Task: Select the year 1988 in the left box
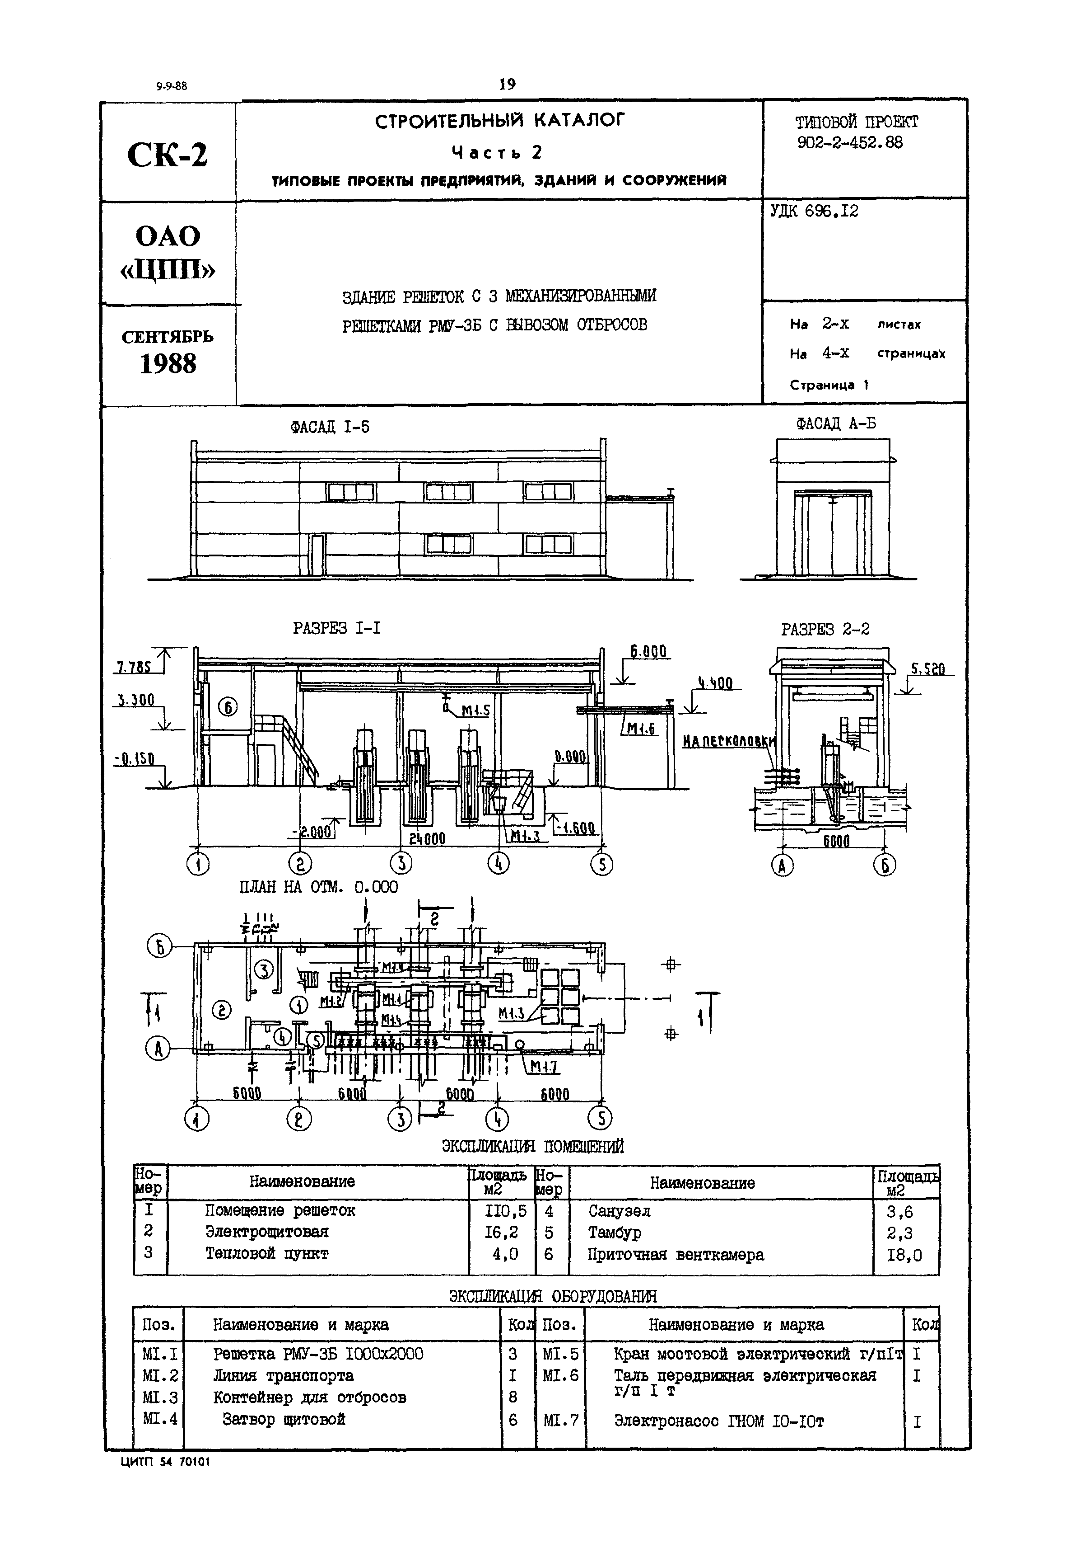point(168,364)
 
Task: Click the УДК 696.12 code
point(814,212)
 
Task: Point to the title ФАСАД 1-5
point(330,427)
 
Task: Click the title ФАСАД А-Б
point(836,423)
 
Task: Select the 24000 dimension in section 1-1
point(427,838)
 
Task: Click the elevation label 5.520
point(928,669)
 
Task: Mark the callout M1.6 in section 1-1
point(641,729)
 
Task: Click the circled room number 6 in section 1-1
point(228,706)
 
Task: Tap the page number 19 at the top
point(508,84)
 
